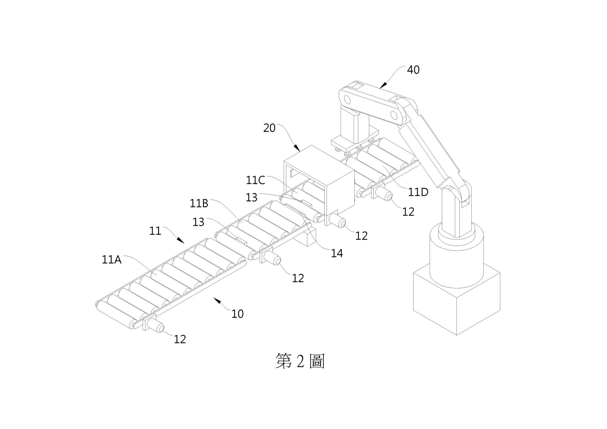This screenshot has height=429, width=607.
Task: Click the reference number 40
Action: tap(413, 70)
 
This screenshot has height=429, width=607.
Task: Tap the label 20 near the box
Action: tap(269, 128)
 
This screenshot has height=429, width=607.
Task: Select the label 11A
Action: tap(112, 260)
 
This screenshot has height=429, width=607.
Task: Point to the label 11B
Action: tap(199, 204)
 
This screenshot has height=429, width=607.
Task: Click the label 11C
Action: tap(255, 180)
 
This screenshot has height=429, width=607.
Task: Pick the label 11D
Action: tap(418, 192)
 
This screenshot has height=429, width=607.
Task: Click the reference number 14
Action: tap(337, 253)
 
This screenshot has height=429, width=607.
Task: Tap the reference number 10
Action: tap(237, 314)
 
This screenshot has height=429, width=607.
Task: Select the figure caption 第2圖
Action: tap(300, 361)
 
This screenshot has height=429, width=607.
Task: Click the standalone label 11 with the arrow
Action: tap(155, 231)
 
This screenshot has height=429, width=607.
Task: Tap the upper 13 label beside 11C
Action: tap(252, 198)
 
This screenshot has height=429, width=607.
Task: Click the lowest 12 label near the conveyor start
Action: tap(180, 339)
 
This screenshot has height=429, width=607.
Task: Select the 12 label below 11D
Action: tap(408, 212)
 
